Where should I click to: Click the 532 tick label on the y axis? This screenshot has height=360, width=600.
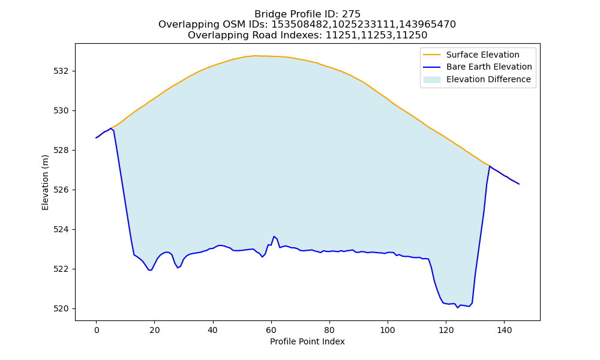tap(61, 71)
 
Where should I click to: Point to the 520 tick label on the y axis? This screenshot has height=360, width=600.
tap(61, 309)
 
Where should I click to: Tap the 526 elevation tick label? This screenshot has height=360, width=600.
tap(61, 190)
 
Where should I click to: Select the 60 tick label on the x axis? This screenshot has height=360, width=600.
tap(271, 330)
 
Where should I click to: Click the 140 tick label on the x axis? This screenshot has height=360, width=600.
tap(504, 330)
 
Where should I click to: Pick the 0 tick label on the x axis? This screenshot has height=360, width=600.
tap(97, 330)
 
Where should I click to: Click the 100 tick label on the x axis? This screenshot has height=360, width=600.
tap(388, 330)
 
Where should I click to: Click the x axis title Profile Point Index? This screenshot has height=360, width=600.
tap(307, 341)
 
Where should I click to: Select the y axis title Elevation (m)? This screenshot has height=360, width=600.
tap(45, 182)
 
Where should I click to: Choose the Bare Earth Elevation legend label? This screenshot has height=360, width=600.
tap(489, 67)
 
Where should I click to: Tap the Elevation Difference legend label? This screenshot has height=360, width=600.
tap(488, 79)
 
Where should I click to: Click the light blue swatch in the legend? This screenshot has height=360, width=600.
tap(431, 80)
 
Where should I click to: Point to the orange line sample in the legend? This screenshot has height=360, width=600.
tap(431, 55)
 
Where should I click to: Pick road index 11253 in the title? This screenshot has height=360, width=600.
tap(377, 35)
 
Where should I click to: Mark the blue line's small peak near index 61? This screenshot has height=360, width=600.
tap(274, 236)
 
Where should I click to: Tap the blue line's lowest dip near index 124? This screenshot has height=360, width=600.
tap(457, 308)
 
